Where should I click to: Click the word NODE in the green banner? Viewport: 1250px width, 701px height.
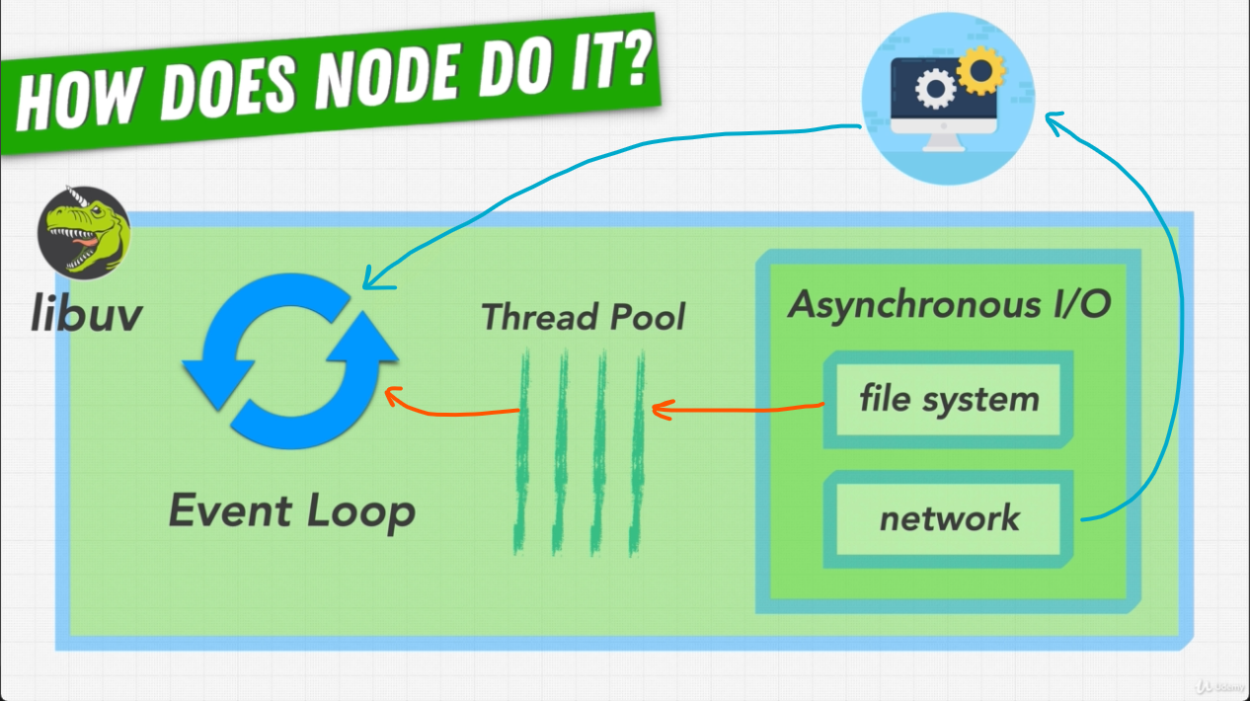click(x=389, y=75)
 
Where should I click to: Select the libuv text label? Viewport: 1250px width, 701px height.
click(x=87, y=313)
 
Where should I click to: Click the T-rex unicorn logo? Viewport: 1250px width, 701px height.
click(x=84, y=233)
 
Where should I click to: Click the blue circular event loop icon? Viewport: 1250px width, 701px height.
click(x=290, y=361)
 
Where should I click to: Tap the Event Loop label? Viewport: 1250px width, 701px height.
click(x=292, y=510)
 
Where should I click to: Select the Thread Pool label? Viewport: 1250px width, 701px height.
click(x=583, y=317)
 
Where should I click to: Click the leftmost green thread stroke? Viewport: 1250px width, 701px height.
click(x=522, y=451)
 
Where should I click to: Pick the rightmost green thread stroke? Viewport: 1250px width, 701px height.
click(x=637, y=452)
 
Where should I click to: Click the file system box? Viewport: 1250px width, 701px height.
click(x=948, y=400)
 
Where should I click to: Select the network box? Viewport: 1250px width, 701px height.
click(x=948, y=519)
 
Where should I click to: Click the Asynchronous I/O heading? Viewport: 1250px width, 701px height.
click(x=949, y=305)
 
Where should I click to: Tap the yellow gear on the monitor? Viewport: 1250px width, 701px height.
click(x=980, y=71)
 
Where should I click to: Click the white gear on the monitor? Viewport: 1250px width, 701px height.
click(x=935, y=88)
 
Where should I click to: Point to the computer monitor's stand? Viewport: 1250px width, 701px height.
click(x=943, y=142)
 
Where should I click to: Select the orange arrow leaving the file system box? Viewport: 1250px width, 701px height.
click(x=738, y=409)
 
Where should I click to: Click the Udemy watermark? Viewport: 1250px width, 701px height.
click(x=1221, y=686)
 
